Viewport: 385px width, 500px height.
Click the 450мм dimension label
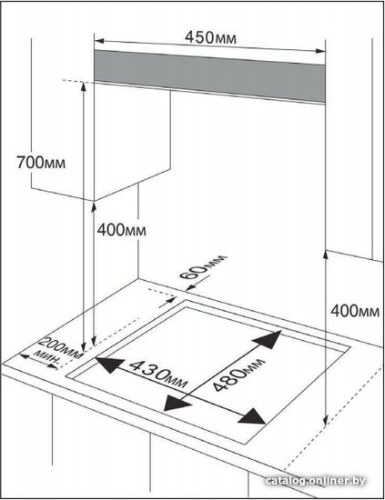click(x=210, y=37)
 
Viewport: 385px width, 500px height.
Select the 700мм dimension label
click(x=41, y=163)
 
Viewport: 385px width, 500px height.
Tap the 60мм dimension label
click(x=203, y=267)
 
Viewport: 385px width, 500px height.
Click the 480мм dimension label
click(x=238, y=374)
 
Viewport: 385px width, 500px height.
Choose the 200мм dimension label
click(x=60, y=347)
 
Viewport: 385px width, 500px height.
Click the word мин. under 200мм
click(x=47, y=357)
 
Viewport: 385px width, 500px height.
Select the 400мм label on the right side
click(x=355, y=310)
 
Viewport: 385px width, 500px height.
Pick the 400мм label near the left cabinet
click(x=122, y=230)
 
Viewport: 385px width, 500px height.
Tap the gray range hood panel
click(x=209, y=75)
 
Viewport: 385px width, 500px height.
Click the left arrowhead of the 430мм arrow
click(x=109, y=365)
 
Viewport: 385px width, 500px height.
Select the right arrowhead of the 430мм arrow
click(x=252, y=416)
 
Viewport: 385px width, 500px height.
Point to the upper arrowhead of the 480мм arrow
click(x=268, y=339)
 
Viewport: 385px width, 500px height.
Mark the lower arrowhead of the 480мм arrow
click(x=177, y=403)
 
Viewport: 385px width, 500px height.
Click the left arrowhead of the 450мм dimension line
click(x=99, y=41)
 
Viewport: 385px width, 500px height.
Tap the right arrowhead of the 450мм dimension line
click(x=320, y=50)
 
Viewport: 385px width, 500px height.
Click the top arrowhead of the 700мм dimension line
click(x=84, y=86)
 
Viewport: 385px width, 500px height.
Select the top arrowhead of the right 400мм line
click(x=326, y=255)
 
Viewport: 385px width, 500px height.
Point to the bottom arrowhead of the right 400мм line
click(x=325, y=421)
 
